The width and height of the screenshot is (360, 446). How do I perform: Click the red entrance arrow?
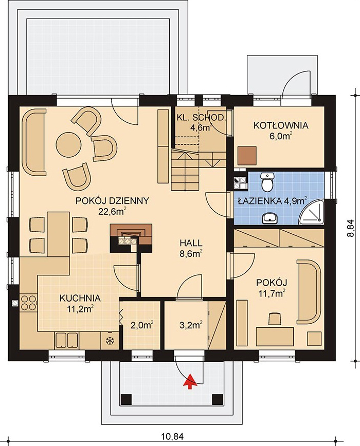[191, 381]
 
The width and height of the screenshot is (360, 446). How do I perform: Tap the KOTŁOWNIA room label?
[281, 125]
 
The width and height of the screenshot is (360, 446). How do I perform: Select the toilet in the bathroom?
[267, 182]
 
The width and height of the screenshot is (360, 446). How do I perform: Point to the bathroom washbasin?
[269, 218]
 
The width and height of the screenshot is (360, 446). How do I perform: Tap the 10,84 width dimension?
[172, 436]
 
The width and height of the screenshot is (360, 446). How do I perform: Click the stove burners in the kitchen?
[28, 303]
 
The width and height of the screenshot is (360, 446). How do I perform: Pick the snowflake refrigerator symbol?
[109, 341]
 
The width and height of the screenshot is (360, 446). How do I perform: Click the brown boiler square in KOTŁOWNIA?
[247, 156]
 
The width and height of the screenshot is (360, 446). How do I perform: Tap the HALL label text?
[191, 243]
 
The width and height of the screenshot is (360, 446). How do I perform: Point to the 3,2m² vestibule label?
[191, 325]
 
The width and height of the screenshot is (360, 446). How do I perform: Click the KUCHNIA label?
[80, 298]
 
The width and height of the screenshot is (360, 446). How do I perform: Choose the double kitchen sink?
[66, 340]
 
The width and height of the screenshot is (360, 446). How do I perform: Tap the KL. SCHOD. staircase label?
[201, 118]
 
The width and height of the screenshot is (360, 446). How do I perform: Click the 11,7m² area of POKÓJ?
[272, 293]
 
